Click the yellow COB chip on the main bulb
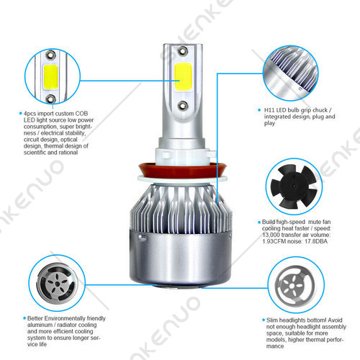[x=183, y=77]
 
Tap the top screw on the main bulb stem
[x=183, y=50]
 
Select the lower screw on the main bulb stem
[x=183, y=106]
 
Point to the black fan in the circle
[x=294, y=186]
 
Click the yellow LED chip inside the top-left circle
[x=51, y=77]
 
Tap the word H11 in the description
[x=269, y=110]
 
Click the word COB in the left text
[x=81, y=114]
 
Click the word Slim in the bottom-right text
[x=272, y=320]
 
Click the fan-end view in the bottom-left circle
[x=57, y=284]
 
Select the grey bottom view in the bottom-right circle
[x=296, y=285]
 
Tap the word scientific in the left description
[x=35, y=153]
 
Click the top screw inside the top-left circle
[x=50, y=55]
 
